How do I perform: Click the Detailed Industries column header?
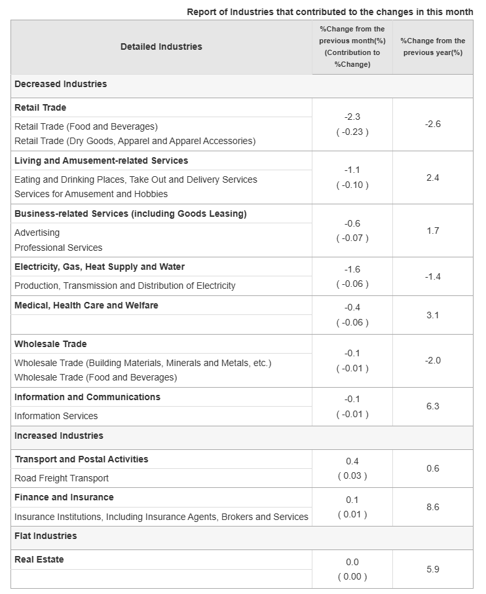(161, 46)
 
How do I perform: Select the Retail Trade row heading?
(40, 107)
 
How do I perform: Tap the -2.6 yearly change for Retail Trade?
(432, 124)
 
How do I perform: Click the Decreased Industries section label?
(60, 84)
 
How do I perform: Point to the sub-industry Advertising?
(37, 232)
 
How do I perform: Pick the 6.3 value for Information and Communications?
(432, 406)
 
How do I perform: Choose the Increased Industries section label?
(59, 436)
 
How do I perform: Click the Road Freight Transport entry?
(62, 478)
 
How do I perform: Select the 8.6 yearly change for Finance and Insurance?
(432, 507)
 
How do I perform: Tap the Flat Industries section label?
(45, 536)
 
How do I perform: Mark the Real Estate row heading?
(39, 559)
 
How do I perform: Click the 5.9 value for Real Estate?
(432, 569)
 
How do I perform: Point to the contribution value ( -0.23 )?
(352, 132)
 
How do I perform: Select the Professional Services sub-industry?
(58, 248)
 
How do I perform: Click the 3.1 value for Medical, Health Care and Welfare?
(432, 315)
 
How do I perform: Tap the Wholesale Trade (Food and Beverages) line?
(96, 377)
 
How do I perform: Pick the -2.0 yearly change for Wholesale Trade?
(432, 360)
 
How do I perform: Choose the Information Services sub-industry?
(56, 416)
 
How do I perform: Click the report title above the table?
(329, 12)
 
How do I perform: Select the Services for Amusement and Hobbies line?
(91, 194)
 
